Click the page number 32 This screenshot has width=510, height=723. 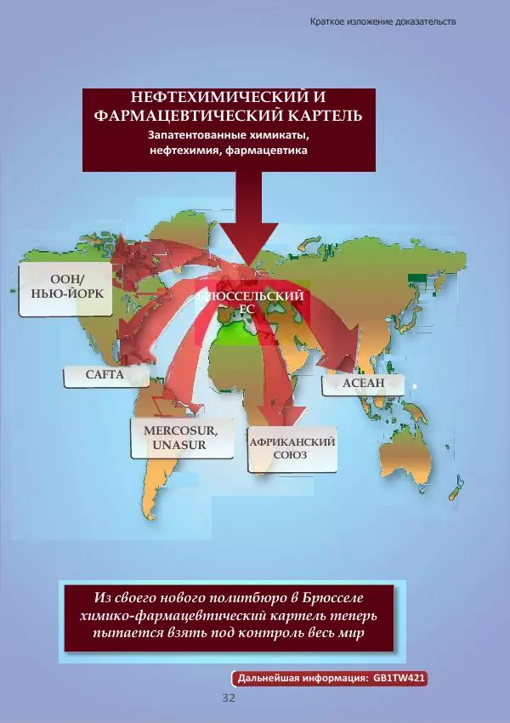click(228, 698)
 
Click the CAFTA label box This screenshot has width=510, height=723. click(105, 374)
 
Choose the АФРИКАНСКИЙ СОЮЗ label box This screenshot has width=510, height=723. click(292, 449)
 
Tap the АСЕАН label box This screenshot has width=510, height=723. click(363, 384)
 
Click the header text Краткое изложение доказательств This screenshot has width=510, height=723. click(382, 21)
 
